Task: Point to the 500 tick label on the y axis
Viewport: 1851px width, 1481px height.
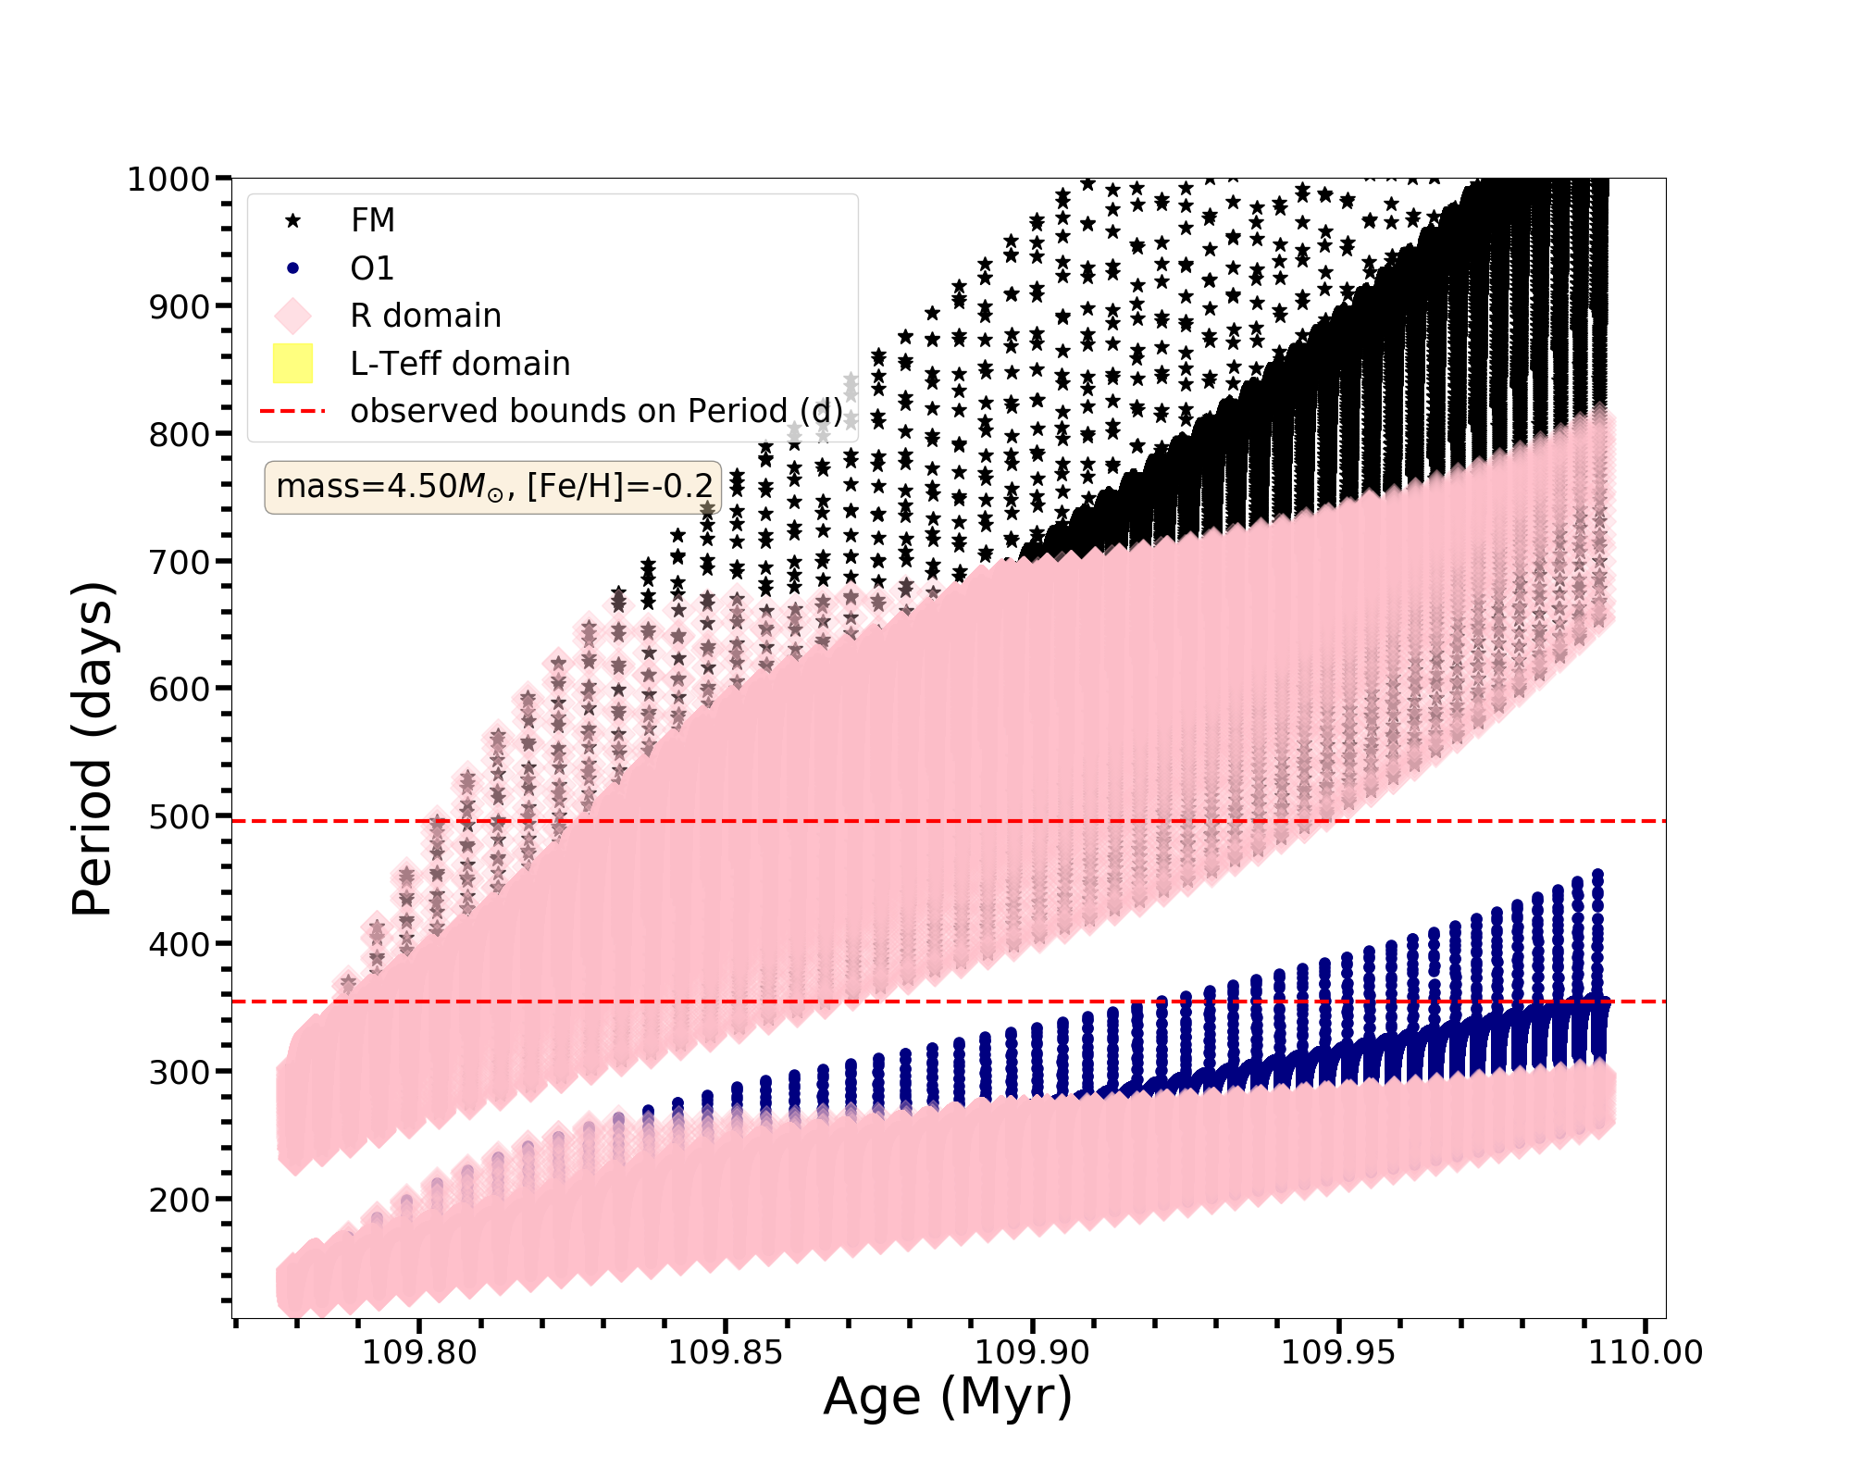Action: (180, 817)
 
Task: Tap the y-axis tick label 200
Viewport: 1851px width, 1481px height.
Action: (180, 1200)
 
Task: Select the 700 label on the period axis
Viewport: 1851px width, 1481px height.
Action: (180, 562)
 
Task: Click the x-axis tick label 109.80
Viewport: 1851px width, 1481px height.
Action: (419, 1352)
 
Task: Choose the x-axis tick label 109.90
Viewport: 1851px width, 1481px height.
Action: (1033, 1352)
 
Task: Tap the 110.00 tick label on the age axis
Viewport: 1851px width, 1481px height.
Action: (1646, 1352)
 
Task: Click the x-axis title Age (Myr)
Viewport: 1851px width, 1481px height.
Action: (948, 1398)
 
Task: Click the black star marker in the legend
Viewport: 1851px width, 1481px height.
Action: (292, 220)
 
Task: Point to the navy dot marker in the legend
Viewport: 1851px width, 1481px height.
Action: (292, 268)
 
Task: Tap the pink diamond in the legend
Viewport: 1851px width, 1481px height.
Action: (292, 316)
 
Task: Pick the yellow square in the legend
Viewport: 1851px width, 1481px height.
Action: (292, 364)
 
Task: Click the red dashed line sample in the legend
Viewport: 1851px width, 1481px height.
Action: (292, 411)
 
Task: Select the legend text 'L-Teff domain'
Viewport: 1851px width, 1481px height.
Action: (460, 364)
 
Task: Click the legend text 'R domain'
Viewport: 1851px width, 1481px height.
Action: (425, 316)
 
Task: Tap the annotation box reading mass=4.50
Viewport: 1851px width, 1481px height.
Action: (493, 487)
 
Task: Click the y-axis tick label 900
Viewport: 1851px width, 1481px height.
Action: (180, 306)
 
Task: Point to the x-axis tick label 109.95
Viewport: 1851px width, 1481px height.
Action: (1337, 1352)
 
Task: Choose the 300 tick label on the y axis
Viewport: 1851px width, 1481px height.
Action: (180, 1072)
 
